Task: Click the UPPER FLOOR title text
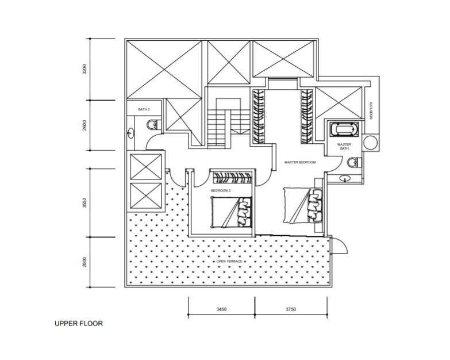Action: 79,324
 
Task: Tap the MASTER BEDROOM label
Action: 300,163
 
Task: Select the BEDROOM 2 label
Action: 221,190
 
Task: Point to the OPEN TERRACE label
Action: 229,262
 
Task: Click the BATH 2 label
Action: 144,109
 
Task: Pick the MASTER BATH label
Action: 344,147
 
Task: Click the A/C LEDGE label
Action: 371,111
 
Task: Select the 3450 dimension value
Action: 221,309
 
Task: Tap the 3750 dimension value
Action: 290,309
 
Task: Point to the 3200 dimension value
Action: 84,70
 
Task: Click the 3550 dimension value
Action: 84,203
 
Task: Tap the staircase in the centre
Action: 218,123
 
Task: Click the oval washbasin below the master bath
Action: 345,178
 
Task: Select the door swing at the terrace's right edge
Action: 339,246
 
